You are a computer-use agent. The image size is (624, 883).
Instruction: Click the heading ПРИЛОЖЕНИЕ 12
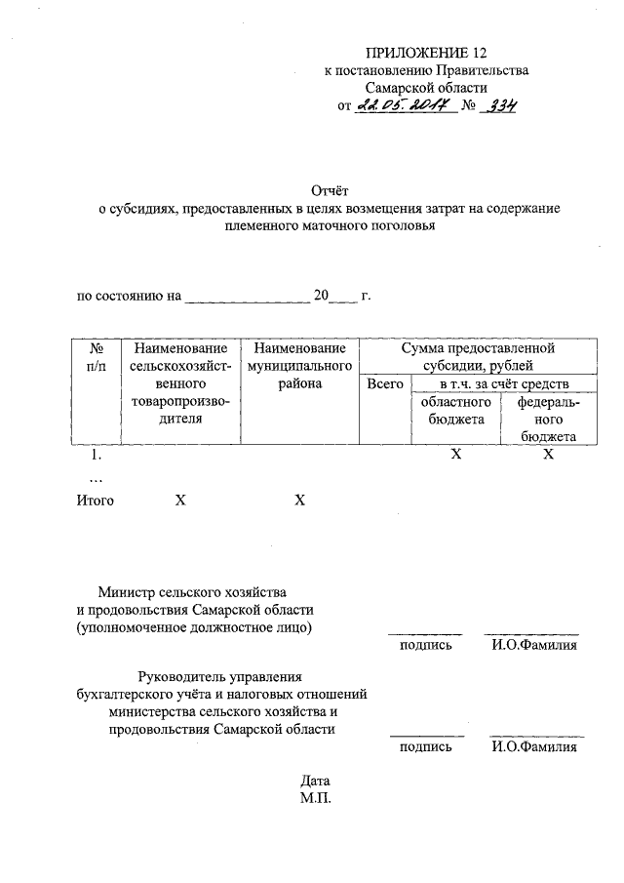click(426, 52)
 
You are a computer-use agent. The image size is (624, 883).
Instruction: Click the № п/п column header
click(96, 357)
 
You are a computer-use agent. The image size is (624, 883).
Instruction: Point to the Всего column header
click(384, 384)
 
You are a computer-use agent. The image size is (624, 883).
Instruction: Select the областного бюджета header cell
click(454, 411)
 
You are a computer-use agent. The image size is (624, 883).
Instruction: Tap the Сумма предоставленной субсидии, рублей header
click(474, 356)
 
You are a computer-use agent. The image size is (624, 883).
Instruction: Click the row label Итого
click(96, 501)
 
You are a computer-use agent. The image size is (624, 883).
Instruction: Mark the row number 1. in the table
click(96, 456)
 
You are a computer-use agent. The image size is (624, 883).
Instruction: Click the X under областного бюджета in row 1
click(454, 456)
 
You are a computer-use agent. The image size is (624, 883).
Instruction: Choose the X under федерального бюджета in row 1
click(548, 456)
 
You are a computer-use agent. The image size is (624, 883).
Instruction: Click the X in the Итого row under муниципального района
click(299, 501)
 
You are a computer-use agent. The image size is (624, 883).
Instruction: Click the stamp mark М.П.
click(317, 799)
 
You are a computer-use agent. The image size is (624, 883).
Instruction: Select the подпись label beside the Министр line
click(426, 645)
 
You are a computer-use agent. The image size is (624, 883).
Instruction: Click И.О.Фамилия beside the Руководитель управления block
click(534, 747)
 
